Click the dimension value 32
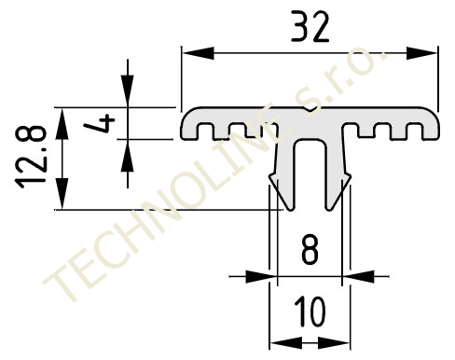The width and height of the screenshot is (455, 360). point(310,27)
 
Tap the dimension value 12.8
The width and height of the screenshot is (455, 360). point(31,157)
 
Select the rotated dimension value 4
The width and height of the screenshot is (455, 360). point(100,123)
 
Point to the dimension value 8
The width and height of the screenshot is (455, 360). point(310,250)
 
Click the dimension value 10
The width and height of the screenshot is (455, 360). point(310,312)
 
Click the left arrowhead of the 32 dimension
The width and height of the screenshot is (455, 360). point(198,53)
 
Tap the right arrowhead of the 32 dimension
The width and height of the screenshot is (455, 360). point(421,53)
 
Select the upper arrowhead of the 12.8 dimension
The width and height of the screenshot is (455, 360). point(62,123)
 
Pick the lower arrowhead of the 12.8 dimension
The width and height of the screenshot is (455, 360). point(62,194)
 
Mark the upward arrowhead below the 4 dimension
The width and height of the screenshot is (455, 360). point(128,155)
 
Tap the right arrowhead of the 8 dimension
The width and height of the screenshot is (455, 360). point(358,276)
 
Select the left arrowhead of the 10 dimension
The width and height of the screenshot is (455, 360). point(286,343)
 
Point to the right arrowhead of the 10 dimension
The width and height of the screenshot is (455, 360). point(334,343)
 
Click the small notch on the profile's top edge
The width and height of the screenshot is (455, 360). point(310,109)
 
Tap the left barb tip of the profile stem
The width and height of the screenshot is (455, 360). point(269,177)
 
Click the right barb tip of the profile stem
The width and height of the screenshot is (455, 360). point(351,177)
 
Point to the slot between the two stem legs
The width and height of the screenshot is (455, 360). point(310,174)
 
